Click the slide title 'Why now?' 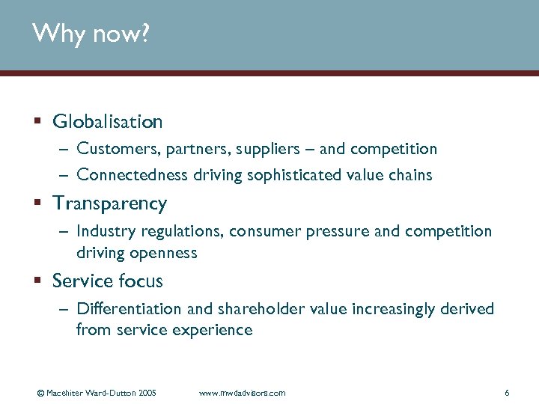91,34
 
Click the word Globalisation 108,121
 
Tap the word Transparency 110,203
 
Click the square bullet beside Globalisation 37,121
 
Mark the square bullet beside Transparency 37,203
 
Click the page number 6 507,393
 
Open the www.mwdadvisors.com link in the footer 242,393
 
